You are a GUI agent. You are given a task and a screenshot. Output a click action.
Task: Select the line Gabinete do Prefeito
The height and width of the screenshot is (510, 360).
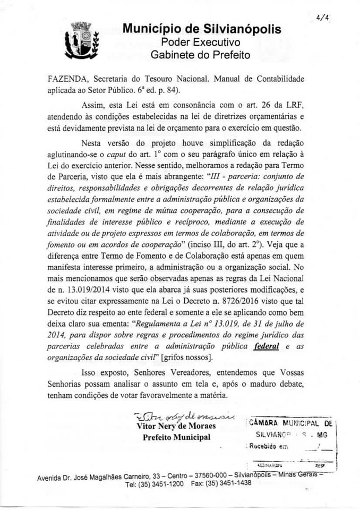[201, 55]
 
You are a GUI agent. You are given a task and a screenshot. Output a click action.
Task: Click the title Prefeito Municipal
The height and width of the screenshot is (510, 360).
[176, 437]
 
